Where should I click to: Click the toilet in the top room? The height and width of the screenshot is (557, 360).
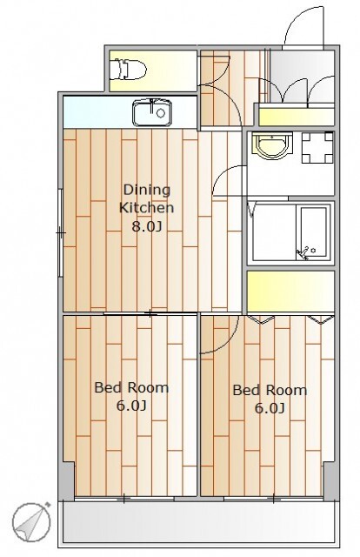(127, 70)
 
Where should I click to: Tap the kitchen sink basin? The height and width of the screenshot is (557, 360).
(152, 113)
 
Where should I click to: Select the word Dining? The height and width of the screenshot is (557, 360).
(147, 190)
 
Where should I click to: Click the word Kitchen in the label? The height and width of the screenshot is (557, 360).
(146, 207)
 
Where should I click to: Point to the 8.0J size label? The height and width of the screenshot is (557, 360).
(147, 226)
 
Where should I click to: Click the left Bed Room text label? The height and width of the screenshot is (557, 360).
(131, 387)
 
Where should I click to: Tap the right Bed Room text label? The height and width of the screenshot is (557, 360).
(270, 390)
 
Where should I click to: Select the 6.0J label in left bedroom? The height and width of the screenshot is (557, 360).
(131, 406)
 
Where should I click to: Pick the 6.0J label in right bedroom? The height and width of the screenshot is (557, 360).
(270, 408)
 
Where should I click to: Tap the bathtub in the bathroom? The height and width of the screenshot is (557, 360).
(314, 232)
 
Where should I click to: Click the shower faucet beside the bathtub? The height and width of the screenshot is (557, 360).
(303, 253)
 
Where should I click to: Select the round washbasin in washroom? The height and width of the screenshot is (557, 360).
(272, 145)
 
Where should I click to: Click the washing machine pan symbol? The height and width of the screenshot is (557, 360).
(317, 147)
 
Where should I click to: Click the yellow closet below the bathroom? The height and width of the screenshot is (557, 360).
(290, 292)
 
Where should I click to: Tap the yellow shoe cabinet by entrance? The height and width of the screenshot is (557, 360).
(297, 117)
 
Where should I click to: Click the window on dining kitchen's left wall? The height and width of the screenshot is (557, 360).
(60, 233)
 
